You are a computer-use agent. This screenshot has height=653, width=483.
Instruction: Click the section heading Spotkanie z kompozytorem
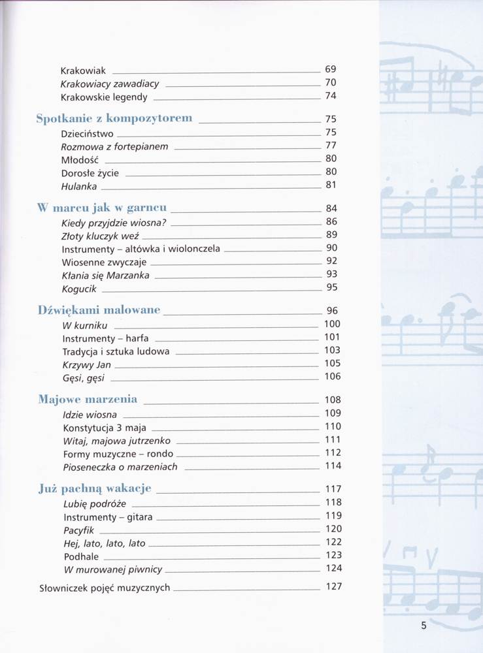point(114,118)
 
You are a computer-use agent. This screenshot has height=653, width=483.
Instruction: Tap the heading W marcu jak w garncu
point(102,208)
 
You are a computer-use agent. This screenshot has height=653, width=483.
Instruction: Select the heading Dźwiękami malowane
point(99,310)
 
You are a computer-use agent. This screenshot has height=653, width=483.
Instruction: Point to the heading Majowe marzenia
point(88,399)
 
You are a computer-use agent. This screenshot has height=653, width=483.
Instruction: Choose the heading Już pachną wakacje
point(95,488)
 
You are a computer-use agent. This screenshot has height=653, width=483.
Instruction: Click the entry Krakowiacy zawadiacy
point(110,84)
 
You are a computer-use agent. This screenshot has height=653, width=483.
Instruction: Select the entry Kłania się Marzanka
point(105,275)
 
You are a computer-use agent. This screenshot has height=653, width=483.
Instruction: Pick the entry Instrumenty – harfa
point(105,338)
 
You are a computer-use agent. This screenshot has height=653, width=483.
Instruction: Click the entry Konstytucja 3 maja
point(105,428)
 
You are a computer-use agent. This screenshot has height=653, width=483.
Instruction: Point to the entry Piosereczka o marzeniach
point(120,467)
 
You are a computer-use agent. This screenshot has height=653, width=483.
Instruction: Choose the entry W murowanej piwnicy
point(112,569)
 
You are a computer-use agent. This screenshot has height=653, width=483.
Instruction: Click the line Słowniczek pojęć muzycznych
point(105,588)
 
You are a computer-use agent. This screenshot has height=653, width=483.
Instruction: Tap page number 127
point(333,586)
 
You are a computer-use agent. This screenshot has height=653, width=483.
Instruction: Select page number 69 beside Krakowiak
point(330,69)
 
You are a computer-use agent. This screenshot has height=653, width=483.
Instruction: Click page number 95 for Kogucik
point(331,287)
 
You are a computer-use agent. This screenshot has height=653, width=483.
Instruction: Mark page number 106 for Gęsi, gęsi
point(332,376)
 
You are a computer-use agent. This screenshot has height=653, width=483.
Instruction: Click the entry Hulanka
point(79,186)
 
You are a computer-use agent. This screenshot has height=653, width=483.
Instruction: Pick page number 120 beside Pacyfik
point(333,529)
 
